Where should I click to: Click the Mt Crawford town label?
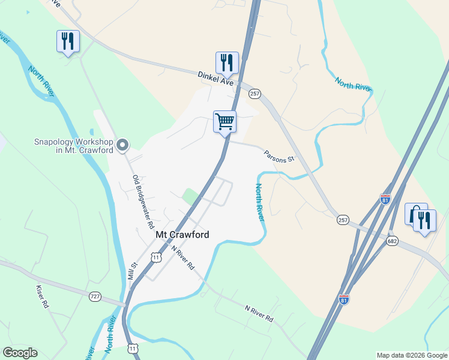click(182, 235)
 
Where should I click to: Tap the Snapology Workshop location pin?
click(123, 145)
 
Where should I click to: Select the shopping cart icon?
click(224, 122)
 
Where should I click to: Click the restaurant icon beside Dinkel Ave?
click(227, 62)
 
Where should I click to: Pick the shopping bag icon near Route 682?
click(414, 215)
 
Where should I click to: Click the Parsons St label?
click(279, 156)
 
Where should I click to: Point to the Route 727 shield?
click(95, 296)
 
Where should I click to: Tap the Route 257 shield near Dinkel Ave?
click(255, 94)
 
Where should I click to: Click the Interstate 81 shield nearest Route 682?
click(385, 200)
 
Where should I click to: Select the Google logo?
click(20, 353)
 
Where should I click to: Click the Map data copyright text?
click(412, 355)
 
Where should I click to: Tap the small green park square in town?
click(190, 196)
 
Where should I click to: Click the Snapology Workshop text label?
click(73, 146)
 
